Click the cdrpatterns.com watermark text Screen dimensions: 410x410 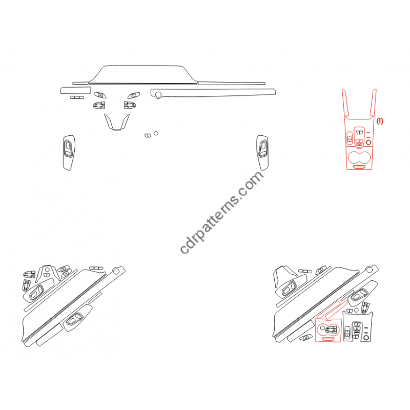pos(222,212)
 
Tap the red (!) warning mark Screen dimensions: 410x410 pos(380,121)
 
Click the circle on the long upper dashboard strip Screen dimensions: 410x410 pos(158,94)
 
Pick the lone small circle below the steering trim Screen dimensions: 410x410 pos(156,133)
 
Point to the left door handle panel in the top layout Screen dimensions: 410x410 pos(69,153)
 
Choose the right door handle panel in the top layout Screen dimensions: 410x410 pos(262,152)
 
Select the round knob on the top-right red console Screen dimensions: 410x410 pos(368,142)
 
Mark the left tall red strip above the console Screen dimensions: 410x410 pos(345,102)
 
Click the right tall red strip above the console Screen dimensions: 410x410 pos(373,102)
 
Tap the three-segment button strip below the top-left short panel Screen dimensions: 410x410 pos(77,97)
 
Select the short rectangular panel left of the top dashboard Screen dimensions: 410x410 pos(75,91)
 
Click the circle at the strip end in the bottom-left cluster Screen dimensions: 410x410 pos(116,272)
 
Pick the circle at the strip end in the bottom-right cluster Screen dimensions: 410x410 pos(369,270)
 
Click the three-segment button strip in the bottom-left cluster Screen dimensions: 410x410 pos(96,268)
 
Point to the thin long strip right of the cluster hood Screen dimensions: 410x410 pos(232,83)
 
